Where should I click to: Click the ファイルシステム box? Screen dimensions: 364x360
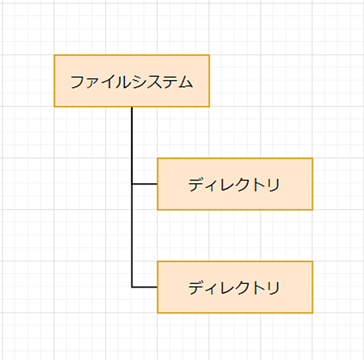tap(132, 81)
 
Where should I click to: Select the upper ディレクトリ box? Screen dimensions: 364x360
tap(235, 184)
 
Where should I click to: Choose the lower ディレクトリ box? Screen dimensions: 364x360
tap(235, 287)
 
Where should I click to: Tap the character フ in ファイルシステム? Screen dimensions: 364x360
tap(77, 82)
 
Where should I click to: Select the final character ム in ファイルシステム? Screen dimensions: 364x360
tap(186, 82)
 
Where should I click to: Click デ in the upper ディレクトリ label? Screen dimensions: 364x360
tap(196, 185)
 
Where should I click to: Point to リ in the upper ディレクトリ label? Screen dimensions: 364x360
tap(274, 185)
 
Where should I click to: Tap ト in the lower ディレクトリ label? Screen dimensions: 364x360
tap(259, 288)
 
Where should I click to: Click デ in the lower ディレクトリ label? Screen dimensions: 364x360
tap(196, 288)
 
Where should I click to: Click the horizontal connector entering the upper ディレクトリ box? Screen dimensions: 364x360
tap(145, 184)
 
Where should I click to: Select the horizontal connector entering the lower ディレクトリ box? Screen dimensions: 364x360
tap(145, 287)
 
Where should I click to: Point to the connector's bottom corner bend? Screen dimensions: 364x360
tap(132, 287)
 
